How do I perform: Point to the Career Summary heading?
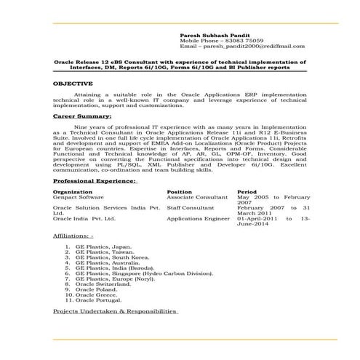(x=82, y=116)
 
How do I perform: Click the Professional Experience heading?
(x=95, y=180)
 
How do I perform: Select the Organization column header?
(x=73, y=192)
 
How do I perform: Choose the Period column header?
(x=247, y=192)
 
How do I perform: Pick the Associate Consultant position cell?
(x=197, y=197)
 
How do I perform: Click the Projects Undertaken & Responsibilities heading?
(x=116, y=311)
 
